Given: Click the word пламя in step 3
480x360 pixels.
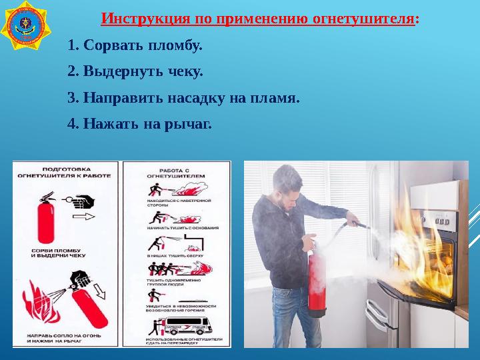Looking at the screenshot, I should click(273, 98).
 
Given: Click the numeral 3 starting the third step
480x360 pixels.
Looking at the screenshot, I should click(72, 98).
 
